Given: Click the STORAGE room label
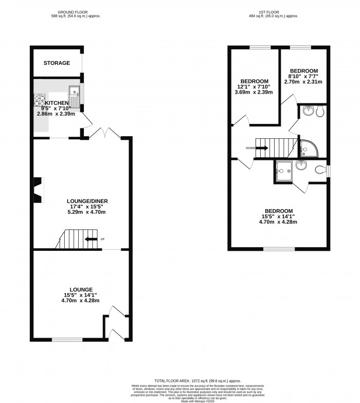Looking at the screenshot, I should [57, 63].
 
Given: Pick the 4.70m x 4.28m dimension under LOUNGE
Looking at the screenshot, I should [78, 300].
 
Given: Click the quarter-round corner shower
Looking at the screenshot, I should [310, 148].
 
